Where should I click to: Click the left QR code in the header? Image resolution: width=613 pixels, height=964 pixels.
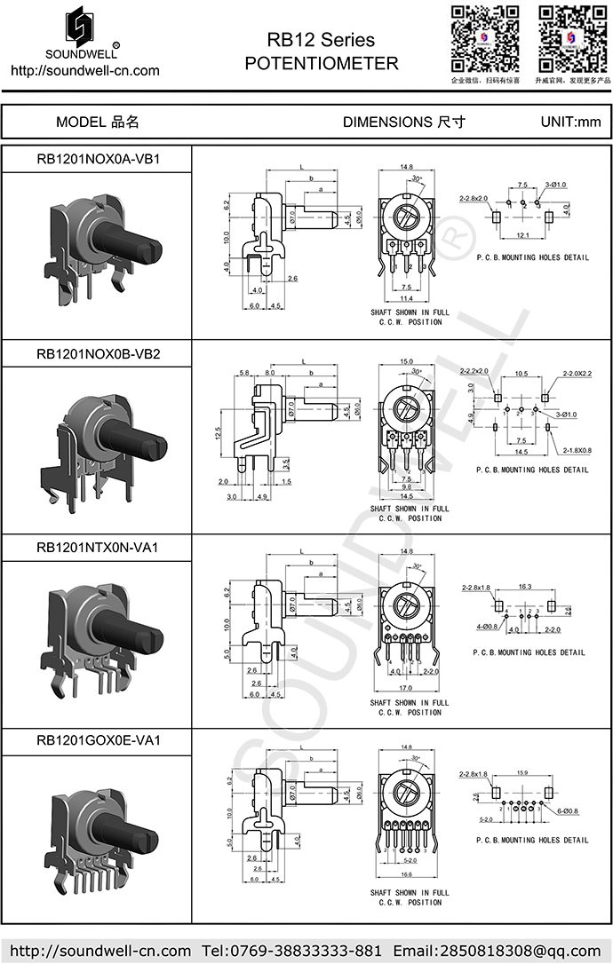pos(485,38)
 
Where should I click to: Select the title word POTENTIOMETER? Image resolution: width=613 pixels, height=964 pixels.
pos(321,64)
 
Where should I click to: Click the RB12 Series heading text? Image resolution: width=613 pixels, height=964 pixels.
pos(321,40)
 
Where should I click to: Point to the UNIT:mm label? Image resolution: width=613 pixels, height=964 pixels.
pos(570,122)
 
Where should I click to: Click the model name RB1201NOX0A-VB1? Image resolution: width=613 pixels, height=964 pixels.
pos(98,160)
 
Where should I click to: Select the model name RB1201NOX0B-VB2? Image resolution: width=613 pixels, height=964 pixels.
pos(98,353)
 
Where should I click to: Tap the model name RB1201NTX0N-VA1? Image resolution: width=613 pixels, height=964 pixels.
pos(98,548)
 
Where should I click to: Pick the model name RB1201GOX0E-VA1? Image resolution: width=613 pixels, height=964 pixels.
pos(98,740)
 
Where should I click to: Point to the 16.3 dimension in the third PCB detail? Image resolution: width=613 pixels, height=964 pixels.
pos(523,587)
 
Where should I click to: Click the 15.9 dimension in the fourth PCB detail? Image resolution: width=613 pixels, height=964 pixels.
pos(522,772)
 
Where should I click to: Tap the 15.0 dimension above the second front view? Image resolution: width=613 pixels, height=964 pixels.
pos(407,361)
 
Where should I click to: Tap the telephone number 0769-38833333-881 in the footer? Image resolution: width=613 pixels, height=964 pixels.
pos(306,951)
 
